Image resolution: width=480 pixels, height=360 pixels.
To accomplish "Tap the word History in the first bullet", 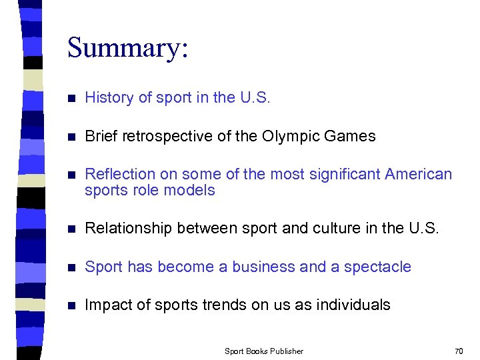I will [x=109, y=98].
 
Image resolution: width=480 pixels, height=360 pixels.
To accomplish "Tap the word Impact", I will [x=107, y=305].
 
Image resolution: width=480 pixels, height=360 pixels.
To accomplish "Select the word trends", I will [x=223, y=305].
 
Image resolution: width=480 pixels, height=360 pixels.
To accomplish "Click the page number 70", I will [x=458, y=351].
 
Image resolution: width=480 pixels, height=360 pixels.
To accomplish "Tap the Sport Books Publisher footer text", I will [x=264, y=351].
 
